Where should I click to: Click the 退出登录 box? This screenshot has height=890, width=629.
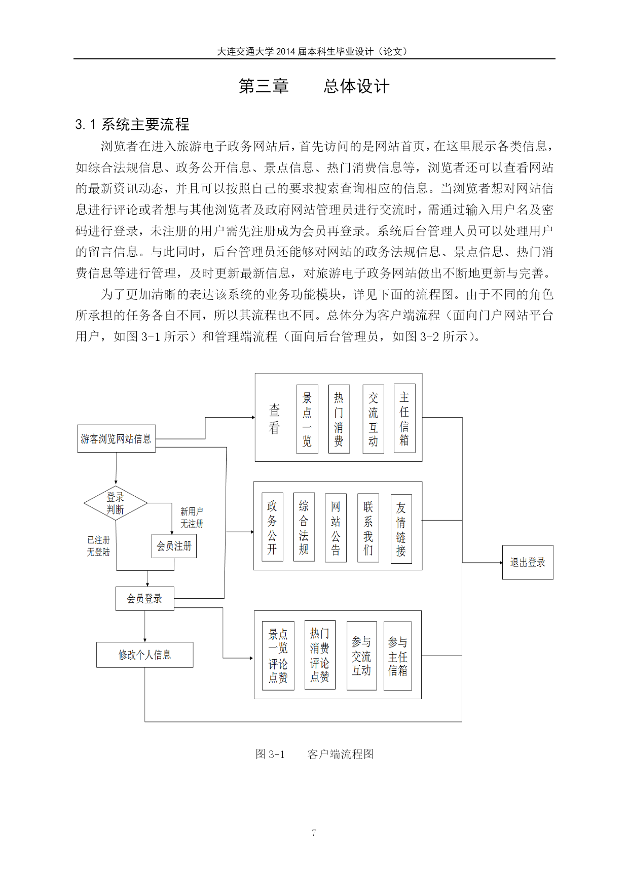tap(528, 562)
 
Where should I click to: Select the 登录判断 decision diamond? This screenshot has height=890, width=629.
tap(116, 503)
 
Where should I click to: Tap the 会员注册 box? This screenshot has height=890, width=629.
tap(174, 546)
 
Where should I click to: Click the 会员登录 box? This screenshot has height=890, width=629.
tap(145, 599)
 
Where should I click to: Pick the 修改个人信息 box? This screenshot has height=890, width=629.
tap(145, 655)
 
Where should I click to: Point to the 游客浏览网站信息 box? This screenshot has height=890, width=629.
tap(116, 438)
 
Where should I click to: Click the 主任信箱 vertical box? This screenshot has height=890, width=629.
tap(404, 418)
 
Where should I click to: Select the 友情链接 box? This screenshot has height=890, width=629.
tap(401, 529)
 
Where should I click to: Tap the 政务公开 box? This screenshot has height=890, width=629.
tap(272, 527)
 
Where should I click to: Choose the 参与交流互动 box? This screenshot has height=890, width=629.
tap(361, 656)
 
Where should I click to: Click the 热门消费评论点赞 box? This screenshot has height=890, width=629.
tap(320, 655)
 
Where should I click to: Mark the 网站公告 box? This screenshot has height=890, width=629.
tap(336, 528)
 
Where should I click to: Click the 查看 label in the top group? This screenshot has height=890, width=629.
tap(274, 419)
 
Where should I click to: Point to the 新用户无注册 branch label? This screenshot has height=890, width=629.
tap(192, 518)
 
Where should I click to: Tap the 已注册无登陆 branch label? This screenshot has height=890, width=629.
tap(98, 546)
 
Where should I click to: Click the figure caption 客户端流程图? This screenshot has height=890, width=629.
tap(341, 754)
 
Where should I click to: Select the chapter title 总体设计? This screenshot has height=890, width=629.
tap(357, 86)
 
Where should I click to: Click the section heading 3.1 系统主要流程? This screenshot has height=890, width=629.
tap(132, 124)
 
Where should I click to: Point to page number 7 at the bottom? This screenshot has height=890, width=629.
tap(314, 833)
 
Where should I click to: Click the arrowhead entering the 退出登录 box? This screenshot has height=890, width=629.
tap(500, 562)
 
